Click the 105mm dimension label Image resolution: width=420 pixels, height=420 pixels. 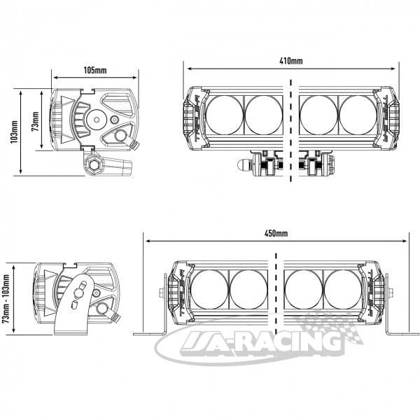pos(94,70)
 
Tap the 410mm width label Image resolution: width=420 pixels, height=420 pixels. pos(292,62)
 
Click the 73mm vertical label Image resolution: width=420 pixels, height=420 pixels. pos(35,122)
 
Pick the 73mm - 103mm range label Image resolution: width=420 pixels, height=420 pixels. pos(7,295)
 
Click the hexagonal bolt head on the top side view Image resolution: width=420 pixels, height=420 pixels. pos(92,164)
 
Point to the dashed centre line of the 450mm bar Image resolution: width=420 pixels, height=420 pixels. pos(276,294)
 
